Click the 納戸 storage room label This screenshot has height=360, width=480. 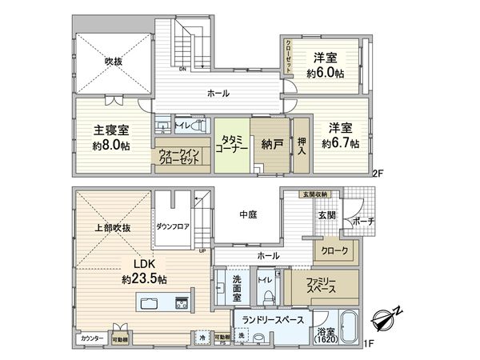[x=269, y=144]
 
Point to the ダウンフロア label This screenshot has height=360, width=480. [x=173, y=226]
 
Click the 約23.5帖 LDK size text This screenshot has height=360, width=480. [x=144, y=280]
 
